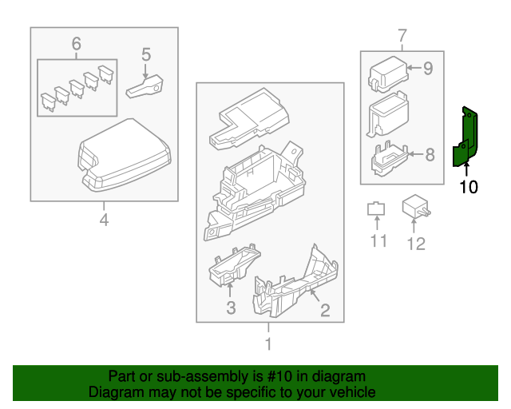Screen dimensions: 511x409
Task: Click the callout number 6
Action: [77, 44]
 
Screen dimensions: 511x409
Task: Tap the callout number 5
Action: [146, 54]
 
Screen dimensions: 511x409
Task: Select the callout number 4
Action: [104, 220]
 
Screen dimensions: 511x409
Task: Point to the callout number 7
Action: [402, 36]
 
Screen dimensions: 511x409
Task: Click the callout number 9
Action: [428, 68]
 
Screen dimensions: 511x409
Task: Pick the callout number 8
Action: [430, 154]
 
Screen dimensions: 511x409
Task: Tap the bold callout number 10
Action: [469, 187]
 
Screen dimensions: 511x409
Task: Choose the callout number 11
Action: [378, 241]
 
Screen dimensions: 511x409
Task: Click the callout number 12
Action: [416, 244]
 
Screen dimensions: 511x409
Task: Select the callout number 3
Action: [231, 308]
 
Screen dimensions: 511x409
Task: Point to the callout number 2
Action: [325, 310]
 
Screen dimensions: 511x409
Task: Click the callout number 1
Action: [268, 343]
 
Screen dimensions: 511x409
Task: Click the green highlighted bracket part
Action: [465, 137]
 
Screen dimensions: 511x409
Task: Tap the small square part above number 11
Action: [376, 209]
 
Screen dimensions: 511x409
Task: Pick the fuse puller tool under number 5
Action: [145, 87]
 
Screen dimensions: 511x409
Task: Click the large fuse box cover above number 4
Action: [125, 155]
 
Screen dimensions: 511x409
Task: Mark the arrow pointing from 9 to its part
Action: [414, 68]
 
